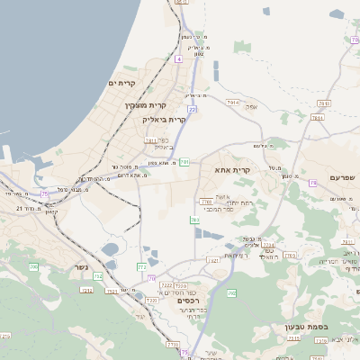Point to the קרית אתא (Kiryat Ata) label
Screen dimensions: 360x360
tap(231, 169)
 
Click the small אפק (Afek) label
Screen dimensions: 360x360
tap(253, 107)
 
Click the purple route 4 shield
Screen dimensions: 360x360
tap(179, 58)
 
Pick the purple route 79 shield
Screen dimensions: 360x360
tap(312, 182)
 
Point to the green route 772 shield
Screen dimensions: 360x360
tap(141, 266)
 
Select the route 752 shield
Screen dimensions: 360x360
tap(86, 289)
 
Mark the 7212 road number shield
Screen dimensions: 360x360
tap(168, 286)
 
